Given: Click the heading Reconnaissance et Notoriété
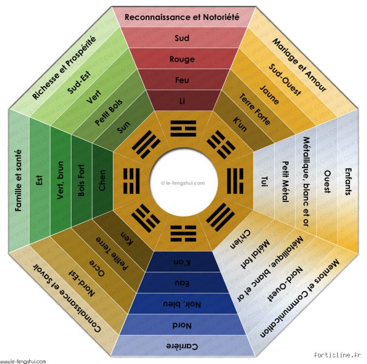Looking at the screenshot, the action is click(182, 17).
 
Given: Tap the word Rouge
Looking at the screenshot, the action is click(182, 59).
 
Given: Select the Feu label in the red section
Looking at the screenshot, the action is click(182, 80).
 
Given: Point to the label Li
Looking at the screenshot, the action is click(182, 101).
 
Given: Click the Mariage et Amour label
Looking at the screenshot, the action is click(299, 65).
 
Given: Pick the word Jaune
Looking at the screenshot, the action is click(269, 95).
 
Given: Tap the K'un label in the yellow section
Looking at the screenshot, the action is click(240, 124).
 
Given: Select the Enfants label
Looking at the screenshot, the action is click(348, 181).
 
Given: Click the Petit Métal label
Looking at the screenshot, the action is click(285, 181).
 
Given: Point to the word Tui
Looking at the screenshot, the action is click(264, 181).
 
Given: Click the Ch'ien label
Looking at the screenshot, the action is click(240, 239).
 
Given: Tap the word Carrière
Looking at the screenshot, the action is click(182, 346).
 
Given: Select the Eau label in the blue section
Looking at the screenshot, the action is click(182, 283).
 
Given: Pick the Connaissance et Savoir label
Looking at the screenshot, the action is click(67, 298).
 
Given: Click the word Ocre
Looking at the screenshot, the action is click(96, 268).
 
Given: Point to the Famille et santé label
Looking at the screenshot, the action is click(18, 181).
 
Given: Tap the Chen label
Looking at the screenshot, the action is click(103, 180).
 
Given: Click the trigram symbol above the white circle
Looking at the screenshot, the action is click(183, 129).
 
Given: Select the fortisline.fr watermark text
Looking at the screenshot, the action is click(337, 355).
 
